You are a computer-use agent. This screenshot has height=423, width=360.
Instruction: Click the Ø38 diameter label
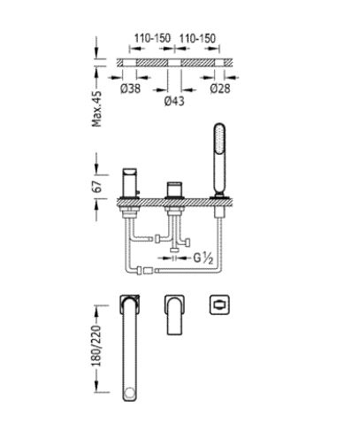(x=130, y=88)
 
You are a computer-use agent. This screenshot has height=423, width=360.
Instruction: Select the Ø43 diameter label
(x=174, y=101)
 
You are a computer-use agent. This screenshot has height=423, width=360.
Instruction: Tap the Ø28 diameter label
(x=220, y=88)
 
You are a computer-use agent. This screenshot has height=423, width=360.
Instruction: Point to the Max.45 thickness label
(x=97, y=109)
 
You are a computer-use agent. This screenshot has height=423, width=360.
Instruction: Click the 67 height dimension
(x=97, y=186)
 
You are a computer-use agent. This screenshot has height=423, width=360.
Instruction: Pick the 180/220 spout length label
(x=97, y=346)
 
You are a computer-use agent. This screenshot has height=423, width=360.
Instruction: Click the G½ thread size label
(x=203, y=258)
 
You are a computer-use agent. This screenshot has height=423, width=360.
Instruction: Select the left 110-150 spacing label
(x=152, y=38)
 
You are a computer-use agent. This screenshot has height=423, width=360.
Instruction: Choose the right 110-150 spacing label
(x=197, y=38)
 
